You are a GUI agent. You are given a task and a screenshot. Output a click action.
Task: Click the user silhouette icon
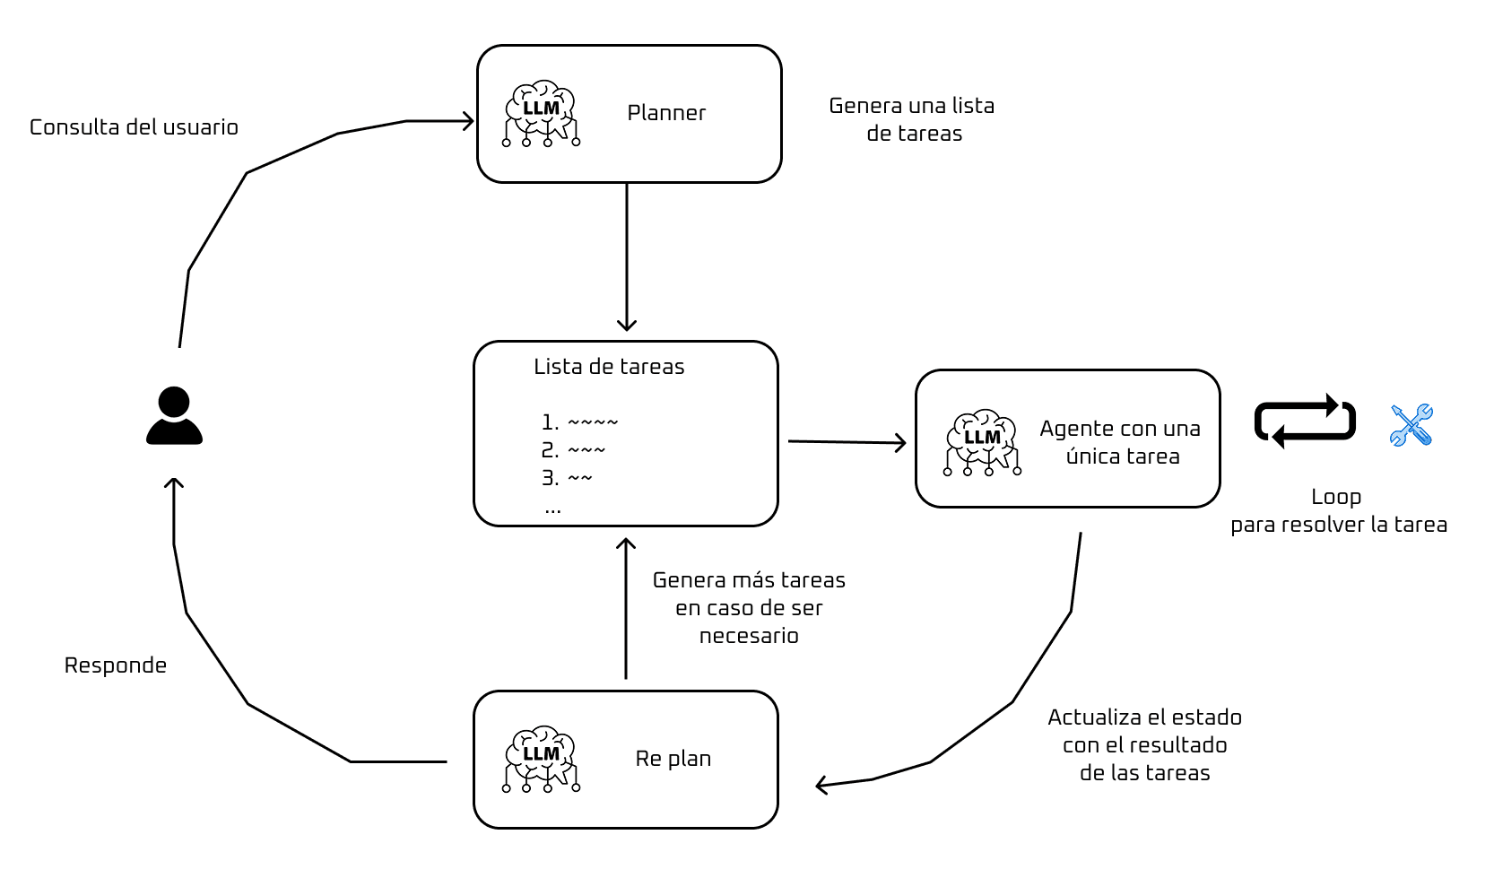(174, 416)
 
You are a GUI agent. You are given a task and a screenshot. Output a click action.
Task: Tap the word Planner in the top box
(666, 113)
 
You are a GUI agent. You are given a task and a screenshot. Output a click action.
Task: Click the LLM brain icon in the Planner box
(541, 114)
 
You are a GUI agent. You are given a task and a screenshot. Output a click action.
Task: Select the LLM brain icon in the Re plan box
(541, 759)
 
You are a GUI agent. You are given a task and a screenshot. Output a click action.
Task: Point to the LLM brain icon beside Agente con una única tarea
(982, 442)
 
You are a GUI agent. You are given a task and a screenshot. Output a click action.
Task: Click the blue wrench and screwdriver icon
(1411, 425)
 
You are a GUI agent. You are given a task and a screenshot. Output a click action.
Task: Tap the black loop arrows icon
(1305, 422)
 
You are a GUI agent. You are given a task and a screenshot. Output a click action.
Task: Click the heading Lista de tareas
(609, 367)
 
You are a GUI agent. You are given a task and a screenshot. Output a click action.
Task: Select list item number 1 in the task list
(579, 422)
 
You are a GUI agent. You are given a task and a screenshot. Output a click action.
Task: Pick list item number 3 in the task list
(567, 478)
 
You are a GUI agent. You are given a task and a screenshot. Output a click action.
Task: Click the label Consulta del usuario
(134, 127)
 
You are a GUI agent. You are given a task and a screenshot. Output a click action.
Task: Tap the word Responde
(116, 665)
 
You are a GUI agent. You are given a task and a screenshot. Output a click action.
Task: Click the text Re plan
(673, 759)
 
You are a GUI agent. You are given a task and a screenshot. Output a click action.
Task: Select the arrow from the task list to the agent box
(847, 442)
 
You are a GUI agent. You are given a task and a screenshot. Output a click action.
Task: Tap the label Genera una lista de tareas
(912, 119)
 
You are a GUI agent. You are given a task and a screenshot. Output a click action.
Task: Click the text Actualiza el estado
(1144, 717)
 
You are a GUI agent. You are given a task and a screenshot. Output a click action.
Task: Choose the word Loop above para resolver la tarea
(1335, 497)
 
